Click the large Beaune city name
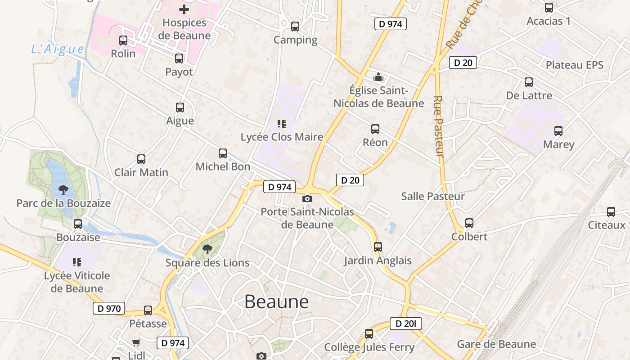276,302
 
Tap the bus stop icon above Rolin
123,40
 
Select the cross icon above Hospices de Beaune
184,9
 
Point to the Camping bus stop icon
295,27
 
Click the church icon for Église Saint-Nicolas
378,77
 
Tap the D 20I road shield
405,323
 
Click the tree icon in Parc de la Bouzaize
63,190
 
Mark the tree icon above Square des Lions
207,249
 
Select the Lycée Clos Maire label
282,137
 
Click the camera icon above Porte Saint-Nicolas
307,198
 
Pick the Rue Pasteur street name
439,126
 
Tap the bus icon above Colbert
469,223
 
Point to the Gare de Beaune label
496,344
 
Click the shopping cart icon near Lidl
136,342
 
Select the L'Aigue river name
58,49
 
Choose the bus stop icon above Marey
558,131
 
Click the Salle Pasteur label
433,196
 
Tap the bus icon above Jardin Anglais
378,247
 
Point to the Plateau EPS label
574,65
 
